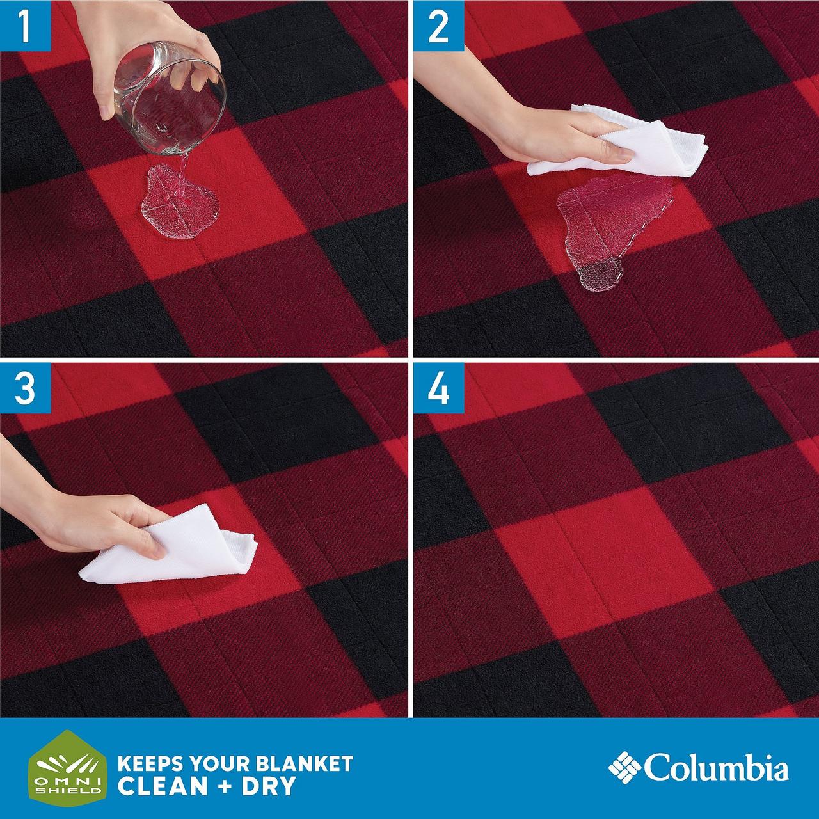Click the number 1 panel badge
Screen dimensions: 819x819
tap(26, 26)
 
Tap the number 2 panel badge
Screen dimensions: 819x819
tap(439, 26)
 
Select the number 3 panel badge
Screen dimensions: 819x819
tap(26, 388)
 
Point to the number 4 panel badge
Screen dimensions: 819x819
tap(439, 388)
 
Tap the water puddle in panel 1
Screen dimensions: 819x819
tap(180, 202)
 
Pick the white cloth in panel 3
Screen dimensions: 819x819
tap(170, 546)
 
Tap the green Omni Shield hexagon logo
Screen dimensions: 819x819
tap(67, 768)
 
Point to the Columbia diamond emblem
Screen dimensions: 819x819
tap(624, 767)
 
